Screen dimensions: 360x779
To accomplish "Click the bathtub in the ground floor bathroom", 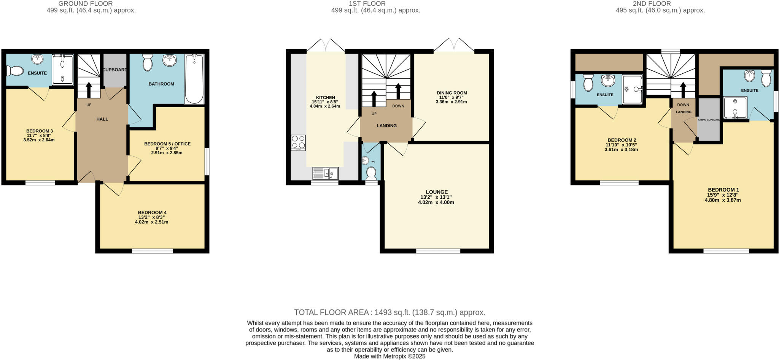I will [x=194, y=79].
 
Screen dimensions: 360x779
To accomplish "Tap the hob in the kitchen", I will [x=298, y=143].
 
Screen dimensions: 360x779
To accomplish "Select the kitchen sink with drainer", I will [x=326, y=173].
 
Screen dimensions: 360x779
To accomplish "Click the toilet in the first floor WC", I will [x=371, y=174].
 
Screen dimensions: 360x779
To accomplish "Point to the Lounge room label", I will [x=436, y=192].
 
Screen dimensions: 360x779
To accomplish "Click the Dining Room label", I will [x=452, y=93].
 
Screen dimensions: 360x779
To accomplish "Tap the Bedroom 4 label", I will [x=152, y=213].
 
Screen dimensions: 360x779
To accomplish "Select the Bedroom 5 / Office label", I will [x=167, y=144].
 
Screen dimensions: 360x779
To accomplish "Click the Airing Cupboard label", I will [x=709, y=120].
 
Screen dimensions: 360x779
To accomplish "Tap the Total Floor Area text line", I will [x=389, y=312].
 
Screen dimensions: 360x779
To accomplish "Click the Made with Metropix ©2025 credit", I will [x=389, y=356].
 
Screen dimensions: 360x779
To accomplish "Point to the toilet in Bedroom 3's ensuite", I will [x=15, y=71].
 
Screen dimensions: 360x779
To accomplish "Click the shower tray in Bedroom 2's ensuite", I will [x=632, y=89].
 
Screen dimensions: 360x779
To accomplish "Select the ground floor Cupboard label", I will [x=115, y=70].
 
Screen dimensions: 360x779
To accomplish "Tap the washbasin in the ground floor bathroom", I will [x=170, y=60].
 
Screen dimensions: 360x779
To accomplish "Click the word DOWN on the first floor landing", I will [x=398, y=106].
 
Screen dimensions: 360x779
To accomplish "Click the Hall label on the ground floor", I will [x=102, y=119].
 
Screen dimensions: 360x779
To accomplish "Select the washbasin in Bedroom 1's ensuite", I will [x=749, y=76].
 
